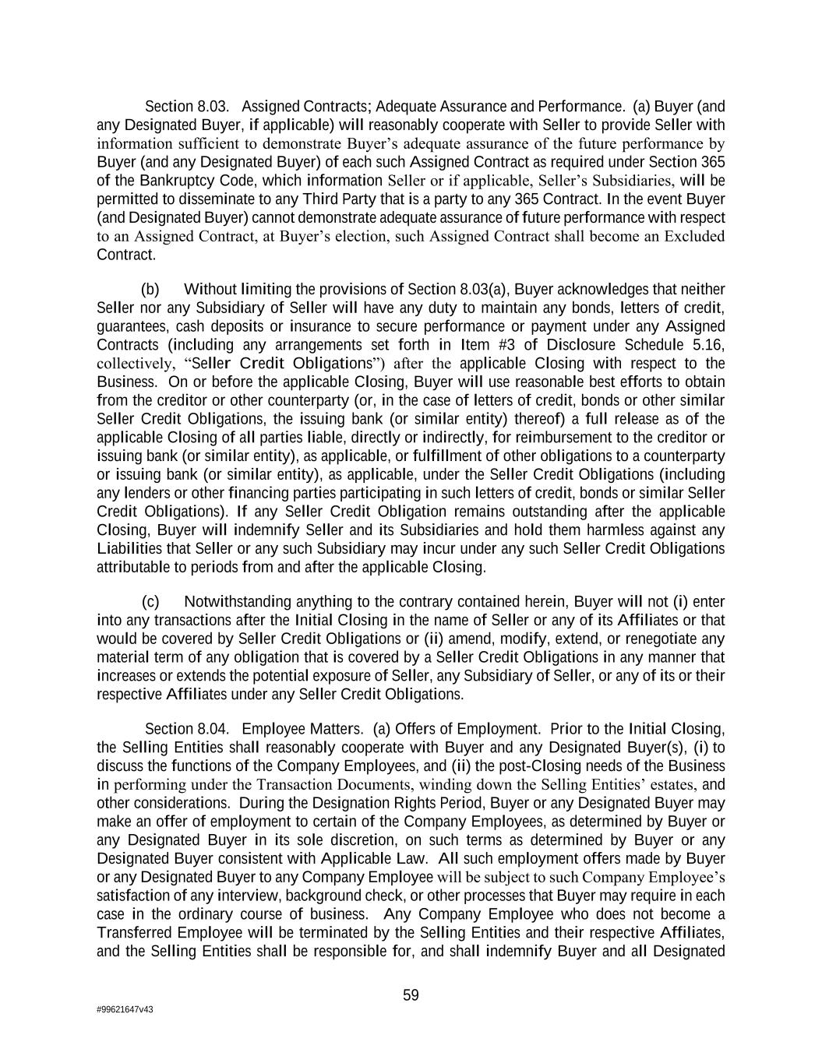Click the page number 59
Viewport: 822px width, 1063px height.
(x=411, y=994)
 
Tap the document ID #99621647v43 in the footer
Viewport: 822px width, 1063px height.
(x=125, y=1009)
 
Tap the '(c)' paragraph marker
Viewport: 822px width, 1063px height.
(x=150, y=601)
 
